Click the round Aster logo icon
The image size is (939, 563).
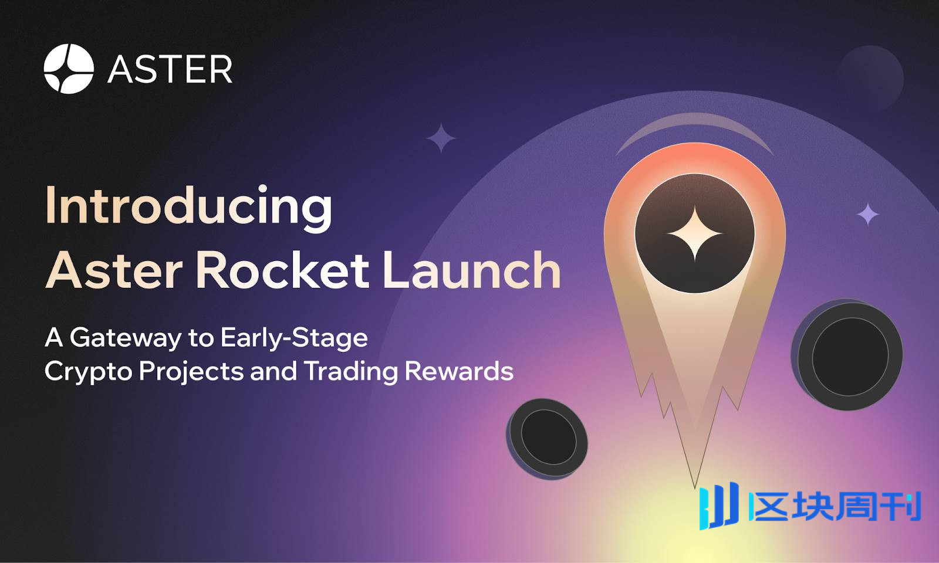pyautogui.click(x=69, y=69)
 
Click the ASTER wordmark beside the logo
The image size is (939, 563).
pyautogui.click(x=170, y=69)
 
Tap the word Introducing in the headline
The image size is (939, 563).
pyautogui.click(x=188, y=208)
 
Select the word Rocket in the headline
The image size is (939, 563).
pyautogui.click(x=282, y=270)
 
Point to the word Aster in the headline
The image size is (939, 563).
pyautogui.click(x=114, y=270)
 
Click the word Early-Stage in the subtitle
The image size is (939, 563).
pyautogui.click(x=294, y=338)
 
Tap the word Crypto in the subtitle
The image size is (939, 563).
pyautogui.click(x=89, y=372)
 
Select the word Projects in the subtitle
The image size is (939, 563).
pyautogui.click(x=191, y=372)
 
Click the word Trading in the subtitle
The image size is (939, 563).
pyautogui.click(x=350, y=372)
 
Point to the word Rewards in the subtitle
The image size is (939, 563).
pyautogui.click(x=459, y=371)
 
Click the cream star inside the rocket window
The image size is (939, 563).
pyautogui.click(x=695, y=233)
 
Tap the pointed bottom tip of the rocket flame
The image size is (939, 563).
pyautogui.click(x=695, y=488)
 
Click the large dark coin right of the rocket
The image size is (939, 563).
pyautogui.click(x=847, y=354)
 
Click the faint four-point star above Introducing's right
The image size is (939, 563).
pyautogui.click(x=441, y=138)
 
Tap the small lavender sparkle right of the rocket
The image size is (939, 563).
pyautogui.click(x=867, y=214)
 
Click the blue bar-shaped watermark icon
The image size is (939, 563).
pyautogui.click(x=718, y=506)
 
